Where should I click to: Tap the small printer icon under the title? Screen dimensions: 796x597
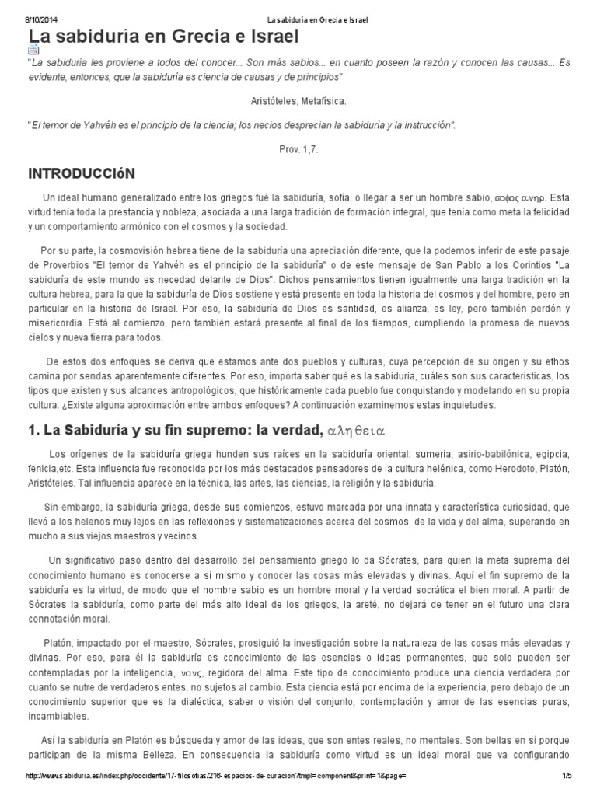[33, 49]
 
